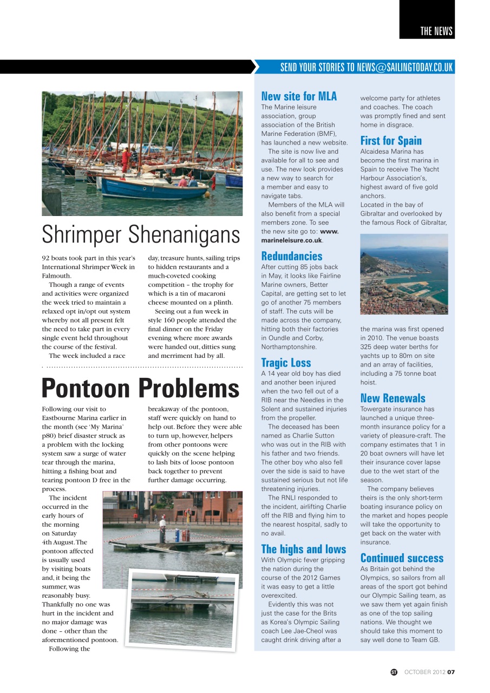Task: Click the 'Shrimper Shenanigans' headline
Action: point(141,234)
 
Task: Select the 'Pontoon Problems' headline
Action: point(141,388)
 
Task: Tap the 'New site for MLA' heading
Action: point(298,96)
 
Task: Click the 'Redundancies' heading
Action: point(291,256)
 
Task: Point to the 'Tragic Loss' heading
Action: point(286,363)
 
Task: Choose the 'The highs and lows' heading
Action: point(303,549)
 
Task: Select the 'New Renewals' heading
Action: point(393,398)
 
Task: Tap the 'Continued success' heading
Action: point(401,558)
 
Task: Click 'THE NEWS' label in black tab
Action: point(436,31)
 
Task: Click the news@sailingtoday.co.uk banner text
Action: point(366,67)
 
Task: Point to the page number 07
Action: point(451,672)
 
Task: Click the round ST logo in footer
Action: point(394,672)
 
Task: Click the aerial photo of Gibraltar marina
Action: point(404,274)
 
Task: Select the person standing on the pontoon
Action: point(162,528)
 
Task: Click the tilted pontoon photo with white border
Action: point(183,609)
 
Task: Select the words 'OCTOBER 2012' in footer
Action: point(425,672)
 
